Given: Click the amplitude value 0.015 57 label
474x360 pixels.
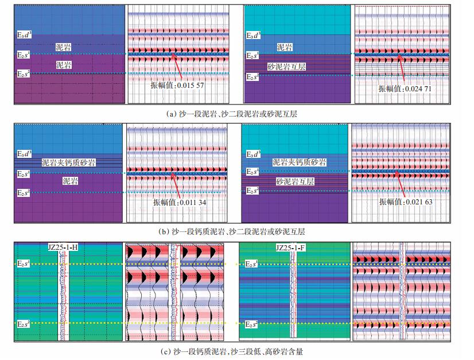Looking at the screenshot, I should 174,84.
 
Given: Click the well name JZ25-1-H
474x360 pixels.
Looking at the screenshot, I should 63,247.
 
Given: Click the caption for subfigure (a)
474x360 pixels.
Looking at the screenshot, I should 232,114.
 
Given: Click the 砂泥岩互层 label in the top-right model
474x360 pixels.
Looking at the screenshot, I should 286,67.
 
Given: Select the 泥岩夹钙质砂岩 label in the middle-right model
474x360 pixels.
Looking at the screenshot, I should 299,162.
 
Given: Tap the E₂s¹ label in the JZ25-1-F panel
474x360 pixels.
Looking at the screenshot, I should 252,264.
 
